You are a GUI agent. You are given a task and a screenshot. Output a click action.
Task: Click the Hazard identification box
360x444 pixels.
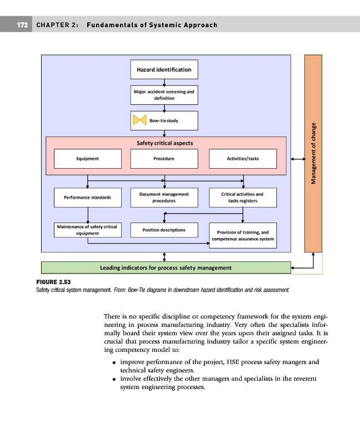[164, 70]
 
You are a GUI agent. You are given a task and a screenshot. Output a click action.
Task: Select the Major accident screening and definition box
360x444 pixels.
[164, 94]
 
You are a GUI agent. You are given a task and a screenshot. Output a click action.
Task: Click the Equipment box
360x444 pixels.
[87, 159]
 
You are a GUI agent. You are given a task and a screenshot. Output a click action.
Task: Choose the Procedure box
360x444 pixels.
[164, 159]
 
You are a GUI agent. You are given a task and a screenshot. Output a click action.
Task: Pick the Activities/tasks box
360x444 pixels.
[243, 159]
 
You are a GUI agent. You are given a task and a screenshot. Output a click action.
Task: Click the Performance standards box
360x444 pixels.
[87, 198]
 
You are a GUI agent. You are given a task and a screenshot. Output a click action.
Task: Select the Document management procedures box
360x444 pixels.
[164, 198]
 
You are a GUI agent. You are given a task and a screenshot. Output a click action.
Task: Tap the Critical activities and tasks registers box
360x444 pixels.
[243, 198]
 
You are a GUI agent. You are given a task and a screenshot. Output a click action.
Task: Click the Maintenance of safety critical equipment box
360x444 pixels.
[87, 230]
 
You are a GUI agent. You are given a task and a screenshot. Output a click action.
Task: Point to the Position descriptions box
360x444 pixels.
[164, 230]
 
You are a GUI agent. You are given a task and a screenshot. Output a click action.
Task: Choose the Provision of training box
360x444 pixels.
[243, 235]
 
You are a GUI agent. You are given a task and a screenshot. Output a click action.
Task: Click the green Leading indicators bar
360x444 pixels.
[166, 268]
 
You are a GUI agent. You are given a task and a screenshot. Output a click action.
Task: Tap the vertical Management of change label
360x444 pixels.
[314, 153]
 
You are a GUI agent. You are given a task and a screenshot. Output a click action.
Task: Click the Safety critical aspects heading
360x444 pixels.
[165, 143]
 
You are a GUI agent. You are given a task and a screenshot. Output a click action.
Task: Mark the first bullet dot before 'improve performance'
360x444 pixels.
[113, 362]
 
